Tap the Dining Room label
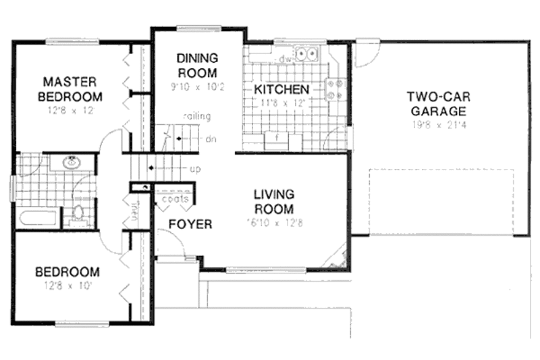point(197,65)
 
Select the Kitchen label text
point(281,89)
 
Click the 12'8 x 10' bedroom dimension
point(67,286)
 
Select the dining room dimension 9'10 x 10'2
point(197,87)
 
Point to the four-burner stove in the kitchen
point(335,90)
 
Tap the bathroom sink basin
point(71,163)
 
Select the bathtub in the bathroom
point(38,218)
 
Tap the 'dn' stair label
point(210,140)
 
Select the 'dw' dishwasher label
point(285,59)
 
